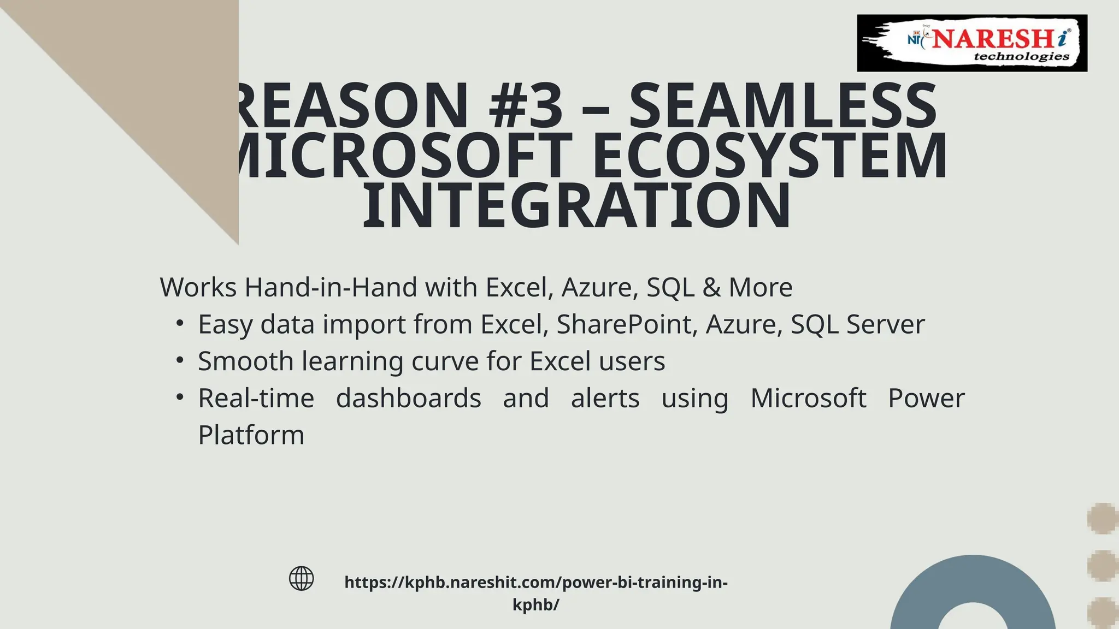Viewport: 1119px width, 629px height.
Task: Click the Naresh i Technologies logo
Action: tap(971, 43)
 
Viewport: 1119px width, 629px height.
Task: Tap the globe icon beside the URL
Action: tap(301, 578)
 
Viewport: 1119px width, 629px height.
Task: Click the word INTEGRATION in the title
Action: tap(576, 206)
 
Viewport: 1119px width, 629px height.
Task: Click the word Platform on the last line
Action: tap(251, 435)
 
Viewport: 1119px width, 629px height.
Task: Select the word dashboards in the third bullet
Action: tap(408, 398)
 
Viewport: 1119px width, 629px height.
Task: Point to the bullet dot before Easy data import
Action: tap(180, 323)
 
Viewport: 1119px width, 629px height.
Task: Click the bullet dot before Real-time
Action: tap(180, 397)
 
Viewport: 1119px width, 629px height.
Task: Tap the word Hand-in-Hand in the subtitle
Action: tap(331, 287)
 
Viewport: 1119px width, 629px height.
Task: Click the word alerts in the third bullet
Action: tap(605, 398)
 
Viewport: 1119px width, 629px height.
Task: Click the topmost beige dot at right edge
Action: tap(1103, 518)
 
